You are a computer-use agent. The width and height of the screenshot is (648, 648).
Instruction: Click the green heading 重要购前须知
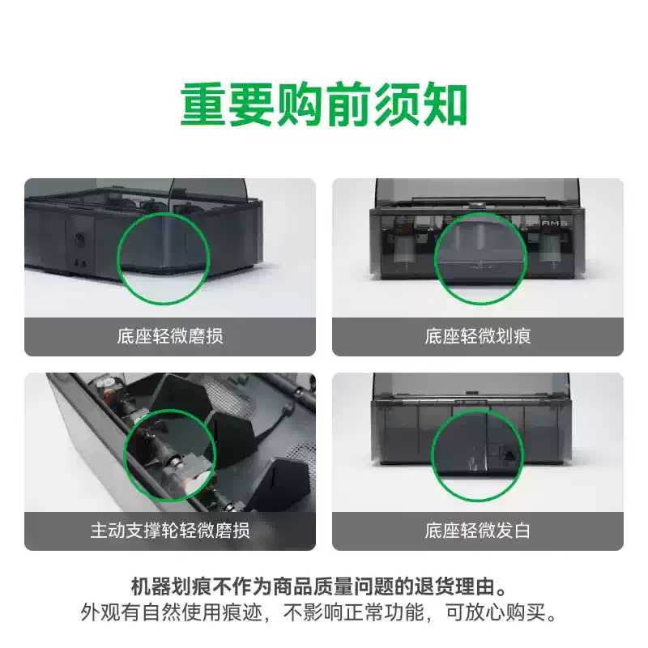coord(324,104)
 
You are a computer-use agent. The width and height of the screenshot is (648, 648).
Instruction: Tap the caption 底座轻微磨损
coord(170,336)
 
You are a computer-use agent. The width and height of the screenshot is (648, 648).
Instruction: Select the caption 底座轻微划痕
coord(478,336)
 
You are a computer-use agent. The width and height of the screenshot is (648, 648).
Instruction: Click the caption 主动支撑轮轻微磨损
coord(170,531)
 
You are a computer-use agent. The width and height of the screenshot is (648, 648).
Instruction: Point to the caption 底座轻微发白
coord(478,531)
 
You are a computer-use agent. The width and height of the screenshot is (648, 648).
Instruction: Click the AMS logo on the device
coord(554,224)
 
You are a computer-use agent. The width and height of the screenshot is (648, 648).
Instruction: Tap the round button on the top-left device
coord(79,240)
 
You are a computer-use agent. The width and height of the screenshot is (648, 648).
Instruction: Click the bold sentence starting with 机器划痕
coord(319,586)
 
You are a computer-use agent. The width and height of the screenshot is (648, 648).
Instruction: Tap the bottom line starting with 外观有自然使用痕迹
coord(319,612)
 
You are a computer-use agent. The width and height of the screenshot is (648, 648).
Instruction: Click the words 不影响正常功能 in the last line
coord(353,612)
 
